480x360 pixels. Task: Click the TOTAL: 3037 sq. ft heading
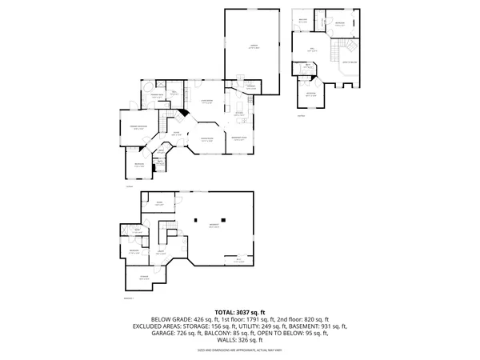pyautogui.click(x=240, y=311)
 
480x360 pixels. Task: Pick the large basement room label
pyautogui.click(x=214, y=226)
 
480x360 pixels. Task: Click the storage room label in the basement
pyautogui.click(x=144, y=278)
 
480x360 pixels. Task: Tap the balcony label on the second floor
pyautogui.click(x=303, y=20)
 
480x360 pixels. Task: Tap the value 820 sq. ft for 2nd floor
pyautogui.click(x=290, y=318)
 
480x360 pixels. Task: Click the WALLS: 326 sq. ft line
pyautogui.click(x=240, y=340)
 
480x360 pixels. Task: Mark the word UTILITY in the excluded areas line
pyautogui.click(x=238, y=326)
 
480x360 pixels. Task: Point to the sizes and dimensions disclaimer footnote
pyautogui.click(x=240, y=350)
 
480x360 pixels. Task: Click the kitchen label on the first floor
pyautogui.click(x=239, y=114)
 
